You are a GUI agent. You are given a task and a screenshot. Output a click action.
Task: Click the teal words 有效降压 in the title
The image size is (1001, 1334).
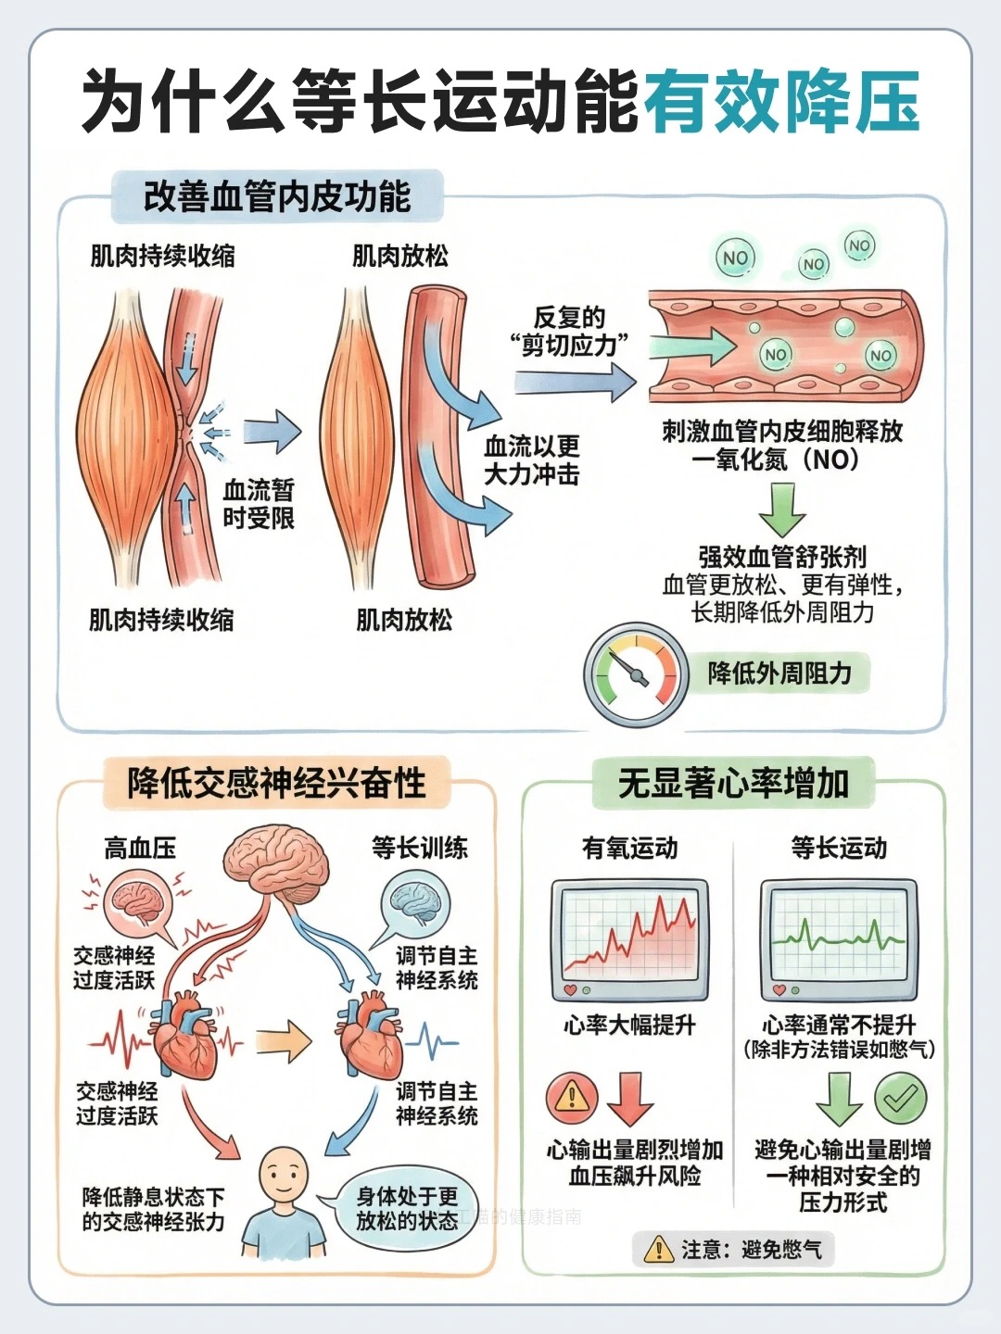tap(780, 101)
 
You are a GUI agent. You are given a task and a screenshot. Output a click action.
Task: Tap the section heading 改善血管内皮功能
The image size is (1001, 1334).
tap(276, 197)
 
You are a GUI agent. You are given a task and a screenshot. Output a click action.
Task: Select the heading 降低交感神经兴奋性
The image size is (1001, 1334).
tap(276, 783)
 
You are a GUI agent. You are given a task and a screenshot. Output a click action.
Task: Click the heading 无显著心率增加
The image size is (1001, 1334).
tap(733, 783)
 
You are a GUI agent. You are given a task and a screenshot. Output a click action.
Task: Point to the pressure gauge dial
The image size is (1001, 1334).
tap(635, 674)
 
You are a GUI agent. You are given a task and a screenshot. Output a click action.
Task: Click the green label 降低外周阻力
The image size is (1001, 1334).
tap(779, 673)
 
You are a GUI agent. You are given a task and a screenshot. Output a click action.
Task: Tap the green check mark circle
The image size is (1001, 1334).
tap(899, 1099)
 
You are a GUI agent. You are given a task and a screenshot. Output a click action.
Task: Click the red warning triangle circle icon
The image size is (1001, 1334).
tap(572, 1099)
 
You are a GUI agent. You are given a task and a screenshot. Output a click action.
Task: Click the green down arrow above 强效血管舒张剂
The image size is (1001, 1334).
tap(781, 509)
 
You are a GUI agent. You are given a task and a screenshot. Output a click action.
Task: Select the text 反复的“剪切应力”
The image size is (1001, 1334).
tap(569, 332)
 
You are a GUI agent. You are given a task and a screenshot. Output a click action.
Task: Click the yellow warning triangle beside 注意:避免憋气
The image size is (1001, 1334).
tap(658, 1250)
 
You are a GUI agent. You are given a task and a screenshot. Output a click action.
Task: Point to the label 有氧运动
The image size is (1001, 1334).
tap(629, 848)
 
